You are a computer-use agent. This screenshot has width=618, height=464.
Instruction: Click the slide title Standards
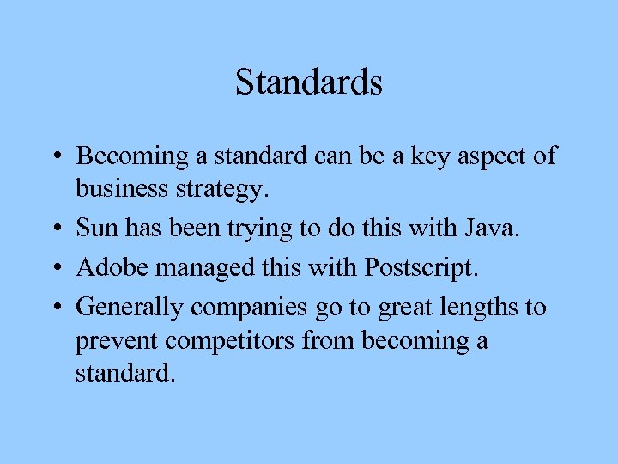(x=308, y=82)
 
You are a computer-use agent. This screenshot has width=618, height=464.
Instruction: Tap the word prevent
(x=117, y=341)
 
